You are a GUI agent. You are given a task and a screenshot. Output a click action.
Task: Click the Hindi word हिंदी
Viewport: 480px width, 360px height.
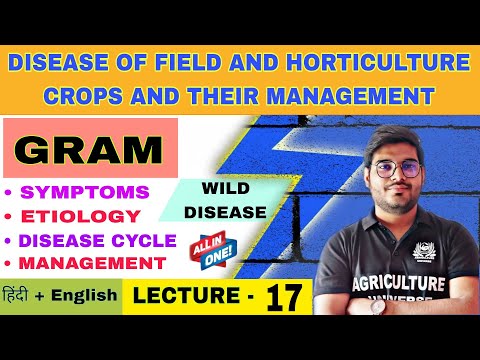[x=21, y=297]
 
